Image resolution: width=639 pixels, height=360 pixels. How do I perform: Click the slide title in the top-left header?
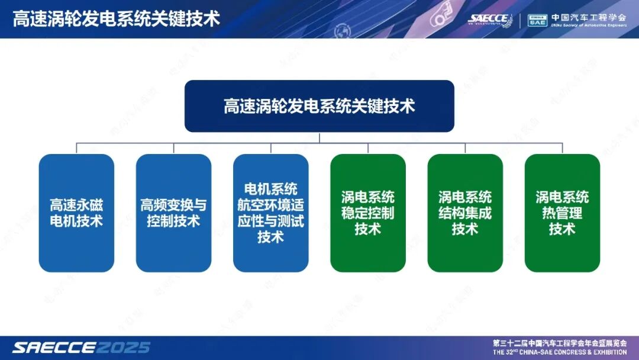tap(116, 18)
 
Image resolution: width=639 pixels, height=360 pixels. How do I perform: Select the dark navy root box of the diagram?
tap(319, 106)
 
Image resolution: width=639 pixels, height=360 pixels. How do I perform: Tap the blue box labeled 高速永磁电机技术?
tap(76, 213)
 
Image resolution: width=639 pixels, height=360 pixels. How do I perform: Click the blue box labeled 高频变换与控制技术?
tap(173, 213)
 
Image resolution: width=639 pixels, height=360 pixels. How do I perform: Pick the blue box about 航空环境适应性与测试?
tap(270, 213)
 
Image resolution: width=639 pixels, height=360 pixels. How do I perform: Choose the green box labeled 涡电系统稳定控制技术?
tap(367, 213)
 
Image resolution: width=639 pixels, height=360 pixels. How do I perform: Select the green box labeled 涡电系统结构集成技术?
tap(464, 213)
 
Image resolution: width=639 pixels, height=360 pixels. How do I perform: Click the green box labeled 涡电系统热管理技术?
tap(562, 213)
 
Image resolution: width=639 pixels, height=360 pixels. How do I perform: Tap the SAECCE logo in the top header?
tap(489, 19)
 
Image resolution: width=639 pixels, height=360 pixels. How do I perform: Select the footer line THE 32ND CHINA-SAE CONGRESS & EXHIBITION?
tap(560, 352)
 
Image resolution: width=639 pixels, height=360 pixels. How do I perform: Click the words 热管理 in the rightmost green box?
tap(562, 213)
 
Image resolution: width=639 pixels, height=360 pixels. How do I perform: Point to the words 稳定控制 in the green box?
tap(367, 213)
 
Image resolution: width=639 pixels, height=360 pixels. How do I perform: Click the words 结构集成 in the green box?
tap(464, 213)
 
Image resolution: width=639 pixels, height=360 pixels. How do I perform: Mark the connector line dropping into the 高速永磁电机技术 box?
tap(76, 149)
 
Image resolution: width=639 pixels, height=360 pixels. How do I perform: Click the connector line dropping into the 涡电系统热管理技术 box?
tap(562, 149)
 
